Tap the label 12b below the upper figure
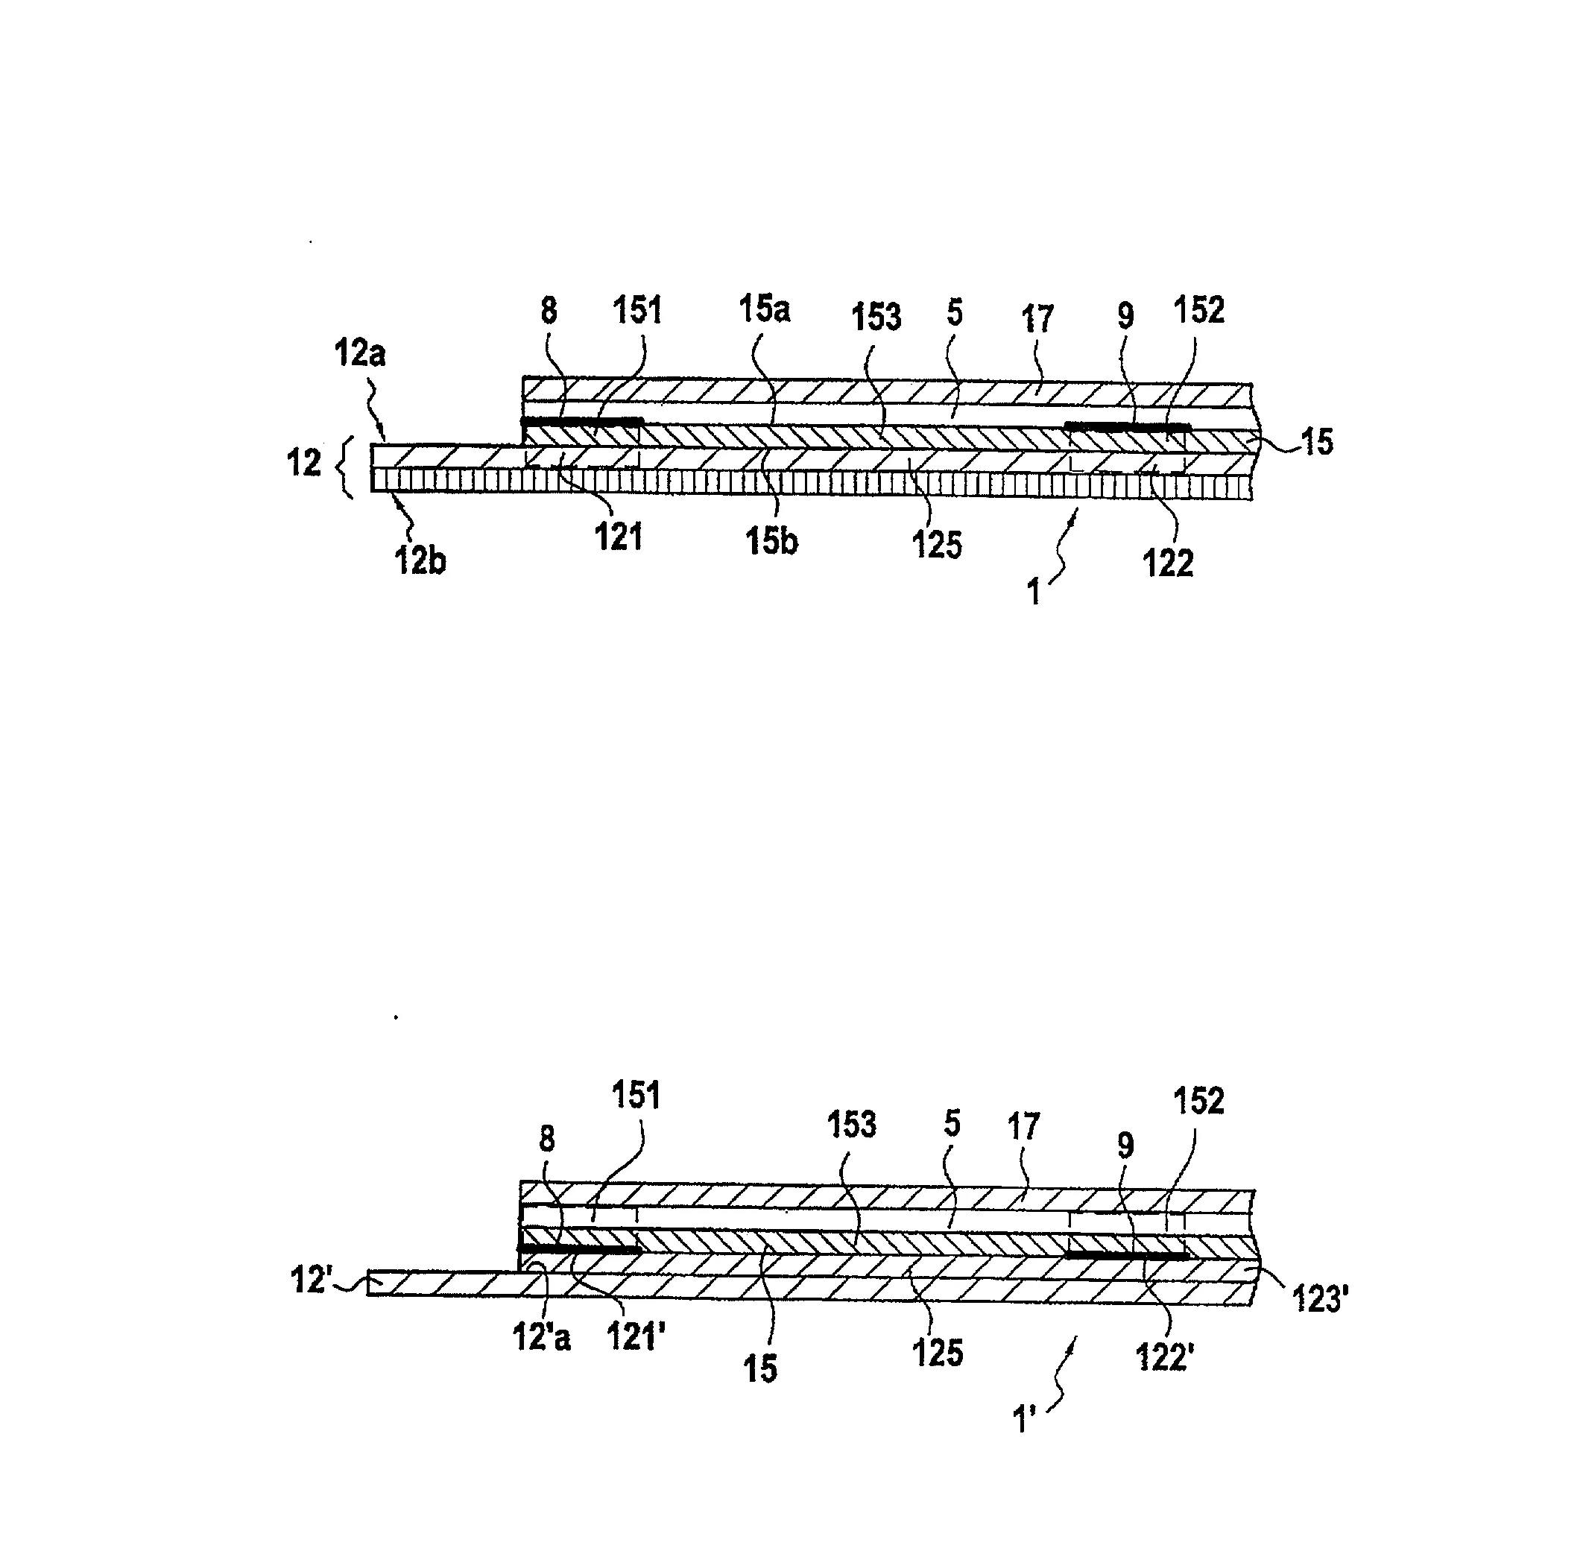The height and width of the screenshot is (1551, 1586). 420,561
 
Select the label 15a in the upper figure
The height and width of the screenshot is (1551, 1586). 764,309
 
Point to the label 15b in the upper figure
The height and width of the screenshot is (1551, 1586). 771,542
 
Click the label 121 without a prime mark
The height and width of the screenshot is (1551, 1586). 619,537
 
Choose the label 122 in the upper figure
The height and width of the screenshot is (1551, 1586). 1168,563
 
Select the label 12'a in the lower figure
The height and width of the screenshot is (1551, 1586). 542,1338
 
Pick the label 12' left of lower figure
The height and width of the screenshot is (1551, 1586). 310,1280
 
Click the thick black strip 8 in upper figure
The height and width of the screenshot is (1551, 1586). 581,421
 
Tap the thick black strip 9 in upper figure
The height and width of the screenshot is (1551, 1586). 1128,426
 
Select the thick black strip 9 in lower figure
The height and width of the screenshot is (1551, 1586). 1128,1255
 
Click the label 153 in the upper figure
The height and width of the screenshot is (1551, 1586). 876,317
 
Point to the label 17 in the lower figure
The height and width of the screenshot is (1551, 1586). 1024,1127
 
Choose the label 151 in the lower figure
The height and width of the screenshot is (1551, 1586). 636,1096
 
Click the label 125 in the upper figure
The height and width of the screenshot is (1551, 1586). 937,544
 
